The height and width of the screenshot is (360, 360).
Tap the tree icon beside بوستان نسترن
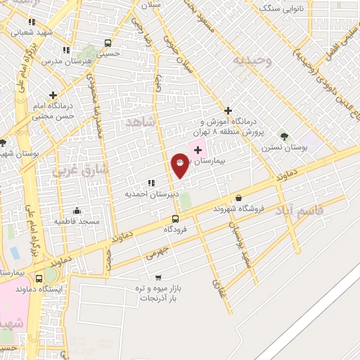tap(284, 136)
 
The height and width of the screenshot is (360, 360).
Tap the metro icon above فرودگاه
tap(175, 218)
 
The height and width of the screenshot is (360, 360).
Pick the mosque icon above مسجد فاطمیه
tap(77, 210)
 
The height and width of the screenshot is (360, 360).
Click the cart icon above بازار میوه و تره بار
tap(158, 277)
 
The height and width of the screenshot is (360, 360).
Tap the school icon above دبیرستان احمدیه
tap(151, 183)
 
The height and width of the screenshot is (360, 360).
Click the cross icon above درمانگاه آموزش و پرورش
tap(227, 110)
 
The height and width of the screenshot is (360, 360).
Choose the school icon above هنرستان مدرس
tap(66, 50)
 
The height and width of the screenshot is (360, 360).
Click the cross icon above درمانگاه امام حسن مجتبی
tap(53, 94)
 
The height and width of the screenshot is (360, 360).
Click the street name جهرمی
tap(157, 254)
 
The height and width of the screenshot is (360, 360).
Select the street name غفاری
tap(214, 284)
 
